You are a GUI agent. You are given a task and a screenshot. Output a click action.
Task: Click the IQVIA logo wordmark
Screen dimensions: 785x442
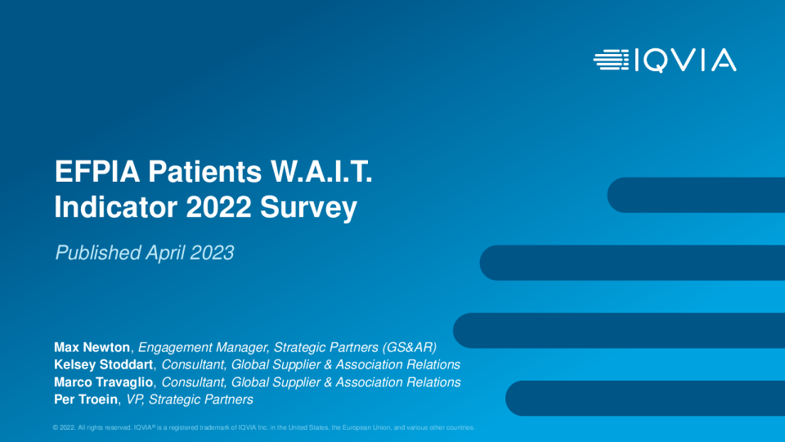(686, 61)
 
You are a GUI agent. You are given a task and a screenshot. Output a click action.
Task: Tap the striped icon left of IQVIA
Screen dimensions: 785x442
(612, 60)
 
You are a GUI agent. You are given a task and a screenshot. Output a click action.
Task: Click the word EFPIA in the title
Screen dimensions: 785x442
(97, 171)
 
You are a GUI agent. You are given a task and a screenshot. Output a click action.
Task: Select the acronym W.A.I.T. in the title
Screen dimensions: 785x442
(321, 171)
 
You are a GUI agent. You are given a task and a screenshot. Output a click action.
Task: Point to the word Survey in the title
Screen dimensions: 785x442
(308, 207)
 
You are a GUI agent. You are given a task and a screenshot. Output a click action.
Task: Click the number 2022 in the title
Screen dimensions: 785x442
(218, 207)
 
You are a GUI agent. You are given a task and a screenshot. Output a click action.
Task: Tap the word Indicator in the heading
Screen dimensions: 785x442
(116, 207)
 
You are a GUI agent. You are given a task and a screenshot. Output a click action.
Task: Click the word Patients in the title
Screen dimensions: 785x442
(204, 171)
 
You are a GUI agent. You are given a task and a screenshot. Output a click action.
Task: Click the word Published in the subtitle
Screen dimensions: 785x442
(98, 253)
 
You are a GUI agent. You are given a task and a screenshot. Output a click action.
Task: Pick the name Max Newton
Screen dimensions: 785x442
(92, 347)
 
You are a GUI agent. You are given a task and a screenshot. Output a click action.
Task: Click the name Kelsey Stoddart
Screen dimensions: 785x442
(104, 364)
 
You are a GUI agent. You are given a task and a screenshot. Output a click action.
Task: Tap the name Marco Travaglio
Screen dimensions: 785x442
(104, 382)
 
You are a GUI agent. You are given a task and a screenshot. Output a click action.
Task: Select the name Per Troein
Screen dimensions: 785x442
(86, 399)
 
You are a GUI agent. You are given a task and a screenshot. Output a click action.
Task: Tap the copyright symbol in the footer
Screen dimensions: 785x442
(56, 427)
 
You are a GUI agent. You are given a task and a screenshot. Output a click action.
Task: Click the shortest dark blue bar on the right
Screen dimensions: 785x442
(696, 195)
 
